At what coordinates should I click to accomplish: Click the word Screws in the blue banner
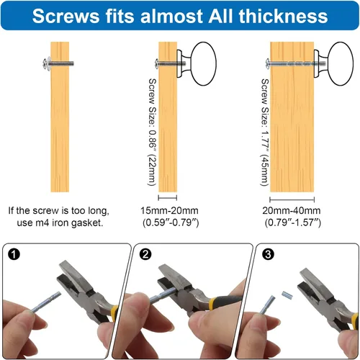pos(66,16)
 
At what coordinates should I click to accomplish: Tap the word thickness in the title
pos(283,16)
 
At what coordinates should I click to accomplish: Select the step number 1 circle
pos(14,254)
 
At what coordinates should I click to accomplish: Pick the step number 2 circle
pos(145,254)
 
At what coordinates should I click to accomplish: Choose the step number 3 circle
pos(268,254)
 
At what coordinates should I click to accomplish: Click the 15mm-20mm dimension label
pos(169,211)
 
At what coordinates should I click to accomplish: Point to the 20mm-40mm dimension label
pos(292,211)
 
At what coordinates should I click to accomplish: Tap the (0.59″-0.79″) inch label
pos(171,222)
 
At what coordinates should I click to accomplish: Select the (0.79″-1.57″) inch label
pos(293,222)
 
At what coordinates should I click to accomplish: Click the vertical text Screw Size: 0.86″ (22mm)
pos(152,132)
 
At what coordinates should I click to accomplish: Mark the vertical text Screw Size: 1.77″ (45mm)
pos(264,132)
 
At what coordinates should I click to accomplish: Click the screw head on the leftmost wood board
pos(46,64)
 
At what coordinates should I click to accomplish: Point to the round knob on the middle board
pos(203,63)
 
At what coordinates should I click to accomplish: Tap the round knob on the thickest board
pos(341,63)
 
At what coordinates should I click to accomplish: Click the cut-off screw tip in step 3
pos(287,295)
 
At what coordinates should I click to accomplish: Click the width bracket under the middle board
pos(168,198)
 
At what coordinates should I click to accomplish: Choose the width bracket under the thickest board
pos(292,199)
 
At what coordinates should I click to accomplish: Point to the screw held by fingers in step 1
pos(45,303)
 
